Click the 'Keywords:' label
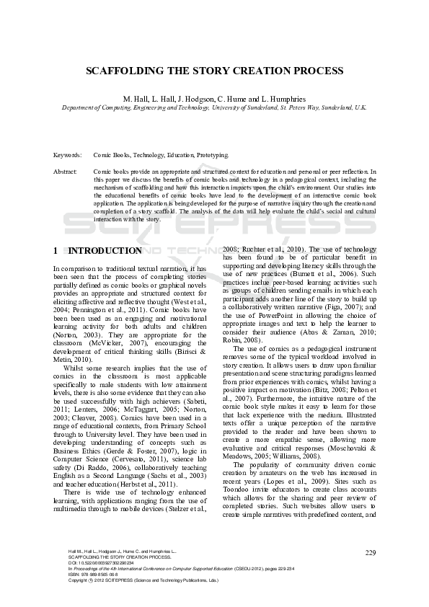pyautogui.click(x=67, y=155)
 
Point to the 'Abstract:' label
pyautogui.click(x=66, y=172)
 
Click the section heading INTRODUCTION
pyautogui.click(x=105, y=251)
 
